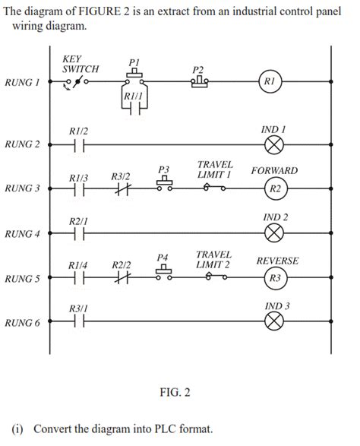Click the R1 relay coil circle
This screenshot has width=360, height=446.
coord(272,81)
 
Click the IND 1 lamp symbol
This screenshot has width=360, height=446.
coord(273,144)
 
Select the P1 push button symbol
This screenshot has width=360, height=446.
coord(134,77)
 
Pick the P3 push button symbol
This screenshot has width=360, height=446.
coord(164,185)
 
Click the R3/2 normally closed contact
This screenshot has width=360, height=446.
coord(122,189)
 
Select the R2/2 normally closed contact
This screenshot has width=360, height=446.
coord(122,279)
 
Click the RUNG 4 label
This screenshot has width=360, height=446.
coord(22,233)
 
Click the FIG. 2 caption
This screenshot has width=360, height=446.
coord(174,393)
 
